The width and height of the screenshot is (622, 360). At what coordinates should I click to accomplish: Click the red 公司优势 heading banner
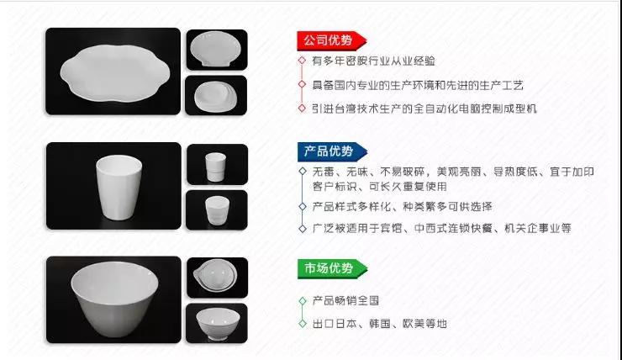332,40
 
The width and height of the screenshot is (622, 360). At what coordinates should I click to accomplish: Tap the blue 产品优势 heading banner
332,151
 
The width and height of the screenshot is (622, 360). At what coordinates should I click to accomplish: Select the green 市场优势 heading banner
332,268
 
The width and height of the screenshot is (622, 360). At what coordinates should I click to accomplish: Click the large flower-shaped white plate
115,72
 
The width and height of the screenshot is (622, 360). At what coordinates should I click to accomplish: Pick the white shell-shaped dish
215,50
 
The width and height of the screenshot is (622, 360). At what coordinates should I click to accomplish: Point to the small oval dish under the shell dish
215,96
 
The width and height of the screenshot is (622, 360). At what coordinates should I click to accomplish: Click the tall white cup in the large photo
119,188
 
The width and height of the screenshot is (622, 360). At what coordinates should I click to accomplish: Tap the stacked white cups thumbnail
215,167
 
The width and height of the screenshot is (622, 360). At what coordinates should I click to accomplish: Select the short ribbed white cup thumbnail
217,210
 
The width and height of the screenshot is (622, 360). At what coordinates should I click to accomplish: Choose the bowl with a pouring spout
215,275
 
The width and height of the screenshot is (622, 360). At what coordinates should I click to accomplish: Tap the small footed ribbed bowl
218,324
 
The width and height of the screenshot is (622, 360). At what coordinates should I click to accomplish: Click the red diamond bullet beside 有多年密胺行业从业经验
303,61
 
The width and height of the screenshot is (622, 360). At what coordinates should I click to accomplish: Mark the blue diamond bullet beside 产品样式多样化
303,206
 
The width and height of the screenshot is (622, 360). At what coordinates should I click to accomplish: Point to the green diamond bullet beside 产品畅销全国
303,301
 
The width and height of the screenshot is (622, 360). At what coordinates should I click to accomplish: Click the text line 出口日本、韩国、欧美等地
380,324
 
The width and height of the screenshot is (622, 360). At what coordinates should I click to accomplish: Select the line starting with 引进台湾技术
424,109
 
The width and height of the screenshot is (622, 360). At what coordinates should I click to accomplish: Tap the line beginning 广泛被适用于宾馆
441,228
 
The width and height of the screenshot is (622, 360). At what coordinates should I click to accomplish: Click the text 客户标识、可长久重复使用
380,187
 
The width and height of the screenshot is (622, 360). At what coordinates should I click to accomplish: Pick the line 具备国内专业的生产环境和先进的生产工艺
418,85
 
